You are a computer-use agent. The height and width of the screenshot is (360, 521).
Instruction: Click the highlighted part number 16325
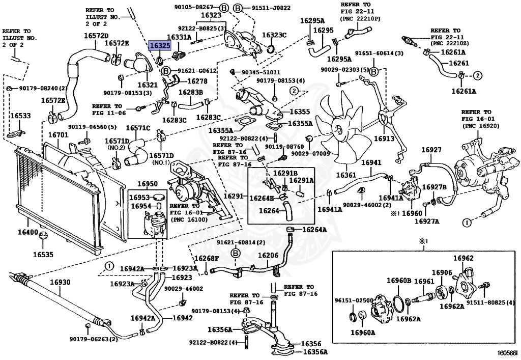pos(159,46)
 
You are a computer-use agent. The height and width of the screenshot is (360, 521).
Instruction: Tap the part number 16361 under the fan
pos(346,175)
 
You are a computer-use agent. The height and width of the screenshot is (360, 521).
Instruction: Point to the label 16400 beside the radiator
pos(28,232)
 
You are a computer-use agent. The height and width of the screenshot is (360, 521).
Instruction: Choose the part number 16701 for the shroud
pos(57,135)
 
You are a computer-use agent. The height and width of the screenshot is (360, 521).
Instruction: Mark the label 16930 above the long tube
pos(60,282)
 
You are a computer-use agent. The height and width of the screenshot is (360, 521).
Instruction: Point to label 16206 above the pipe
pos(268,256)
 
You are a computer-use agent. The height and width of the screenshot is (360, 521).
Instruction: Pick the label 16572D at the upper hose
pos(96,36)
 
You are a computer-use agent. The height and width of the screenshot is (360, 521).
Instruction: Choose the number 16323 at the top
pos(211,16)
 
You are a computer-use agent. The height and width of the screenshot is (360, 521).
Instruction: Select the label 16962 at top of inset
pos(464,258)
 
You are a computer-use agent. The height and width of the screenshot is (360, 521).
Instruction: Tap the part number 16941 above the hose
pos(371,163)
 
